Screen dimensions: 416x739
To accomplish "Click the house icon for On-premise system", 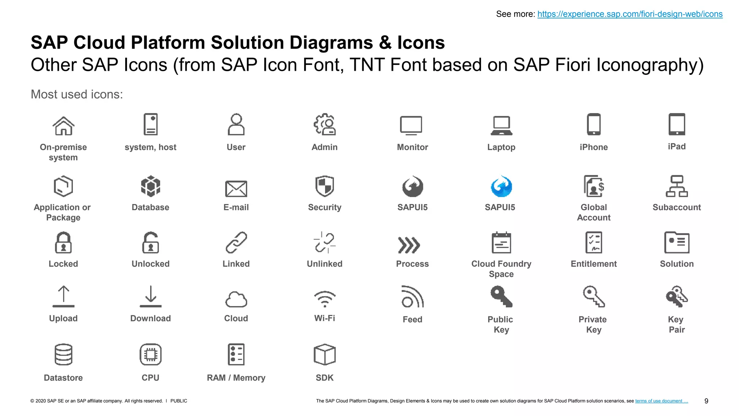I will pyautogui.click(x=64, y=126).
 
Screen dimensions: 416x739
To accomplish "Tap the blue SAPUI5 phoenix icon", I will pyautogui.click(x=501, y=187).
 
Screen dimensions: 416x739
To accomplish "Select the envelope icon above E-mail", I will pyautogui.click(x=236, y=188).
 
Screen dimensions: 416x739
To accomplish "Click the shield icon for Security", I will pyautogui.click(x=324, y=186).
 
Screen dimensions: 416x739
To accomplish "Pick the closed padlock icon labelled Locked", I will pyautogui.click(x=63, y=243).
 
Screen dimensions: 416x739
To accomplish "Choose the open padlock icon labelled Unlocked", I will pyautogui.click(x=150, y=243).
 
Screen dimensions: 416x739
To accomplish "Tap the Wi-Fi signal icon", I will pyautogui.click(x=324, y=299).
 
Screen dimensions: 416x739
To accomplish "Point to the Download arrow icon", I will pyautogui.click(x=150, y=296).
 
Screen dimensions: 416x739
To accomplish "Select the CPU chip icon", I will pyautogui.click(x=150, y=354).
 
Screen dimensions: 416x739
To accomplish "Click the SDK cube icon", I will pyautogui.click(x=324, y=354).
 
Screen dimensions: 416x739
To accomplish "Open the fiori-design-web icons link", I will pyautogui.click(x=630, y=14).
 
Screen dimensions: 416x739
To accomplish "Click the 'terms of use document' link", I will pyautogui.click(x=661, y=401).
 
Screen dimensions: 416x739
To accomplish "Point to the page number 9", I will pyautogui.click(x=706, y=401).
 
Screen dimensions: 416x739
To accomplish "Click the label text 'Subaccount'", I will pyautogui.click(x=677, y=207).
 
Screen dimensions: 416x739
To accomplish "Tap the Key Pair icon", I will pyautogui.click(x=677, y=297).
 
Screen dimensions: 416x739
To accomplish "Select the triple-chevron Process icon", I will pyautogui.click(x=409, y=245).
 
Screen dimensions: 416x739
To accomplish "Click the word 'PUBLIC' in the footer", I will pyautogui.click(x=179, y=401).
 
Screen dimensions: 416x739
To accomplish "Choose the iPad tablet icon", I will pyautogui.click(x=677, y=124).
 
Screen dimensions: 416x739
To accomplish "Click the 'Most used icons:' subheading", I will pyautogui.click(x=77, y=94).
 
